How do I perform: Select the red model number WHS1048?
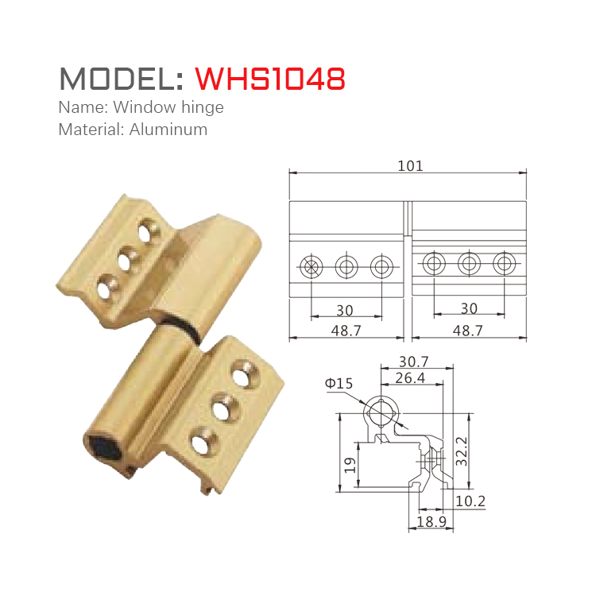(270, 78)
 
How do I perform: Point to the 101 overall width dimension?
(409, 165)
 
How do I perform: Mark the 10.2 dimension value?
(470, 501)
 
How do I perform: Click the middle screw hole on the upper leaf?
(126, 257)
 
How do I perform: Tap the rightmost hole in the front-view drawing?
(504, 263)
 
